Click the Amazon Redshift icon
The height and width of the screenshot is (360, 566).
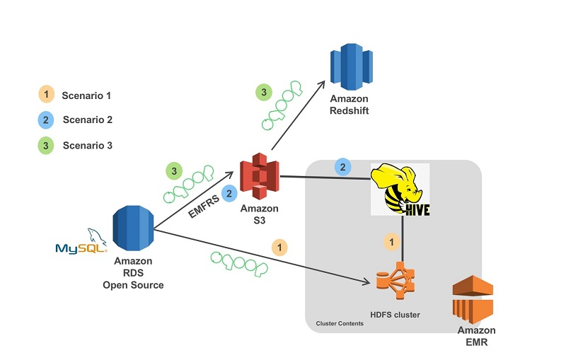(352, 68)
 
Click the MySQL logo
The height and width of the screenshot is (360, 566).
(82, 243)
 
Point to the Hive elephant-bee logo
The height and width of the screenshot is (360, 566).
(400, 189)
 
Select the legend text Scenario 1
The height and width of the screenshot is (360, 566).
(86, 95)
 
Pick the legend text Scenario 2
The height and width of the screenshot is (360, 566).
(87, 120)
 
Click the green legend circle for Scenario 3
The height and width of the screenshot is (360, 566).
(45, 145)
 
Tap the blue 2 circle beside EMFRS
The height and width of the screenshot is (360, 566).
(229, 192)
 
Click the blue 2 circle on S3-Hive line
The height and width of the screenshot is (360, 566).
(342, 168)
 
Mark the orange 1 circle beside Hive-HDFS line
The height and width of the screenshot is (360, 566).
(391, 242)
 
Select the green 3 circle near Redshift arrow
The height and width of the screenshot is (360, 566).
(262, 91)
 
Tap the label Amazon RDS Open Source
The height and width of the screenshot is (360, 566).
(133, 273)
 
